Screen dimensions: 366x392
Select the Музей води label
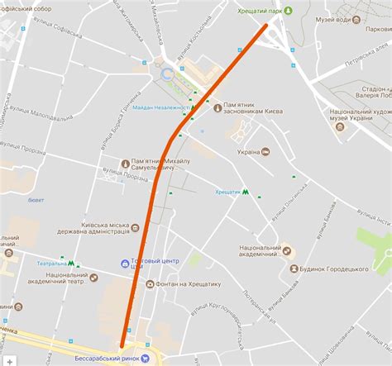335,18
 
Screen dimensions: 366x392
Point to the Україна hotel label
248,152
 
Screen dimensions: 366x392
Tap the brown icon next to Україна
265,152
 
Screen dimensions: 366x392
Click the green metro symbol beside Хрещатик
246,192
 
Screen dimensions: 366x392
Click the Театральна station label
50,264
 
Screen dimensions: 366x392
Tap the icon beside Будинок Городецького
294,269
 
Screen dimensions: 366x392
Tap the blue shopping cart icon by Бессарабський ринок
145,358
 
